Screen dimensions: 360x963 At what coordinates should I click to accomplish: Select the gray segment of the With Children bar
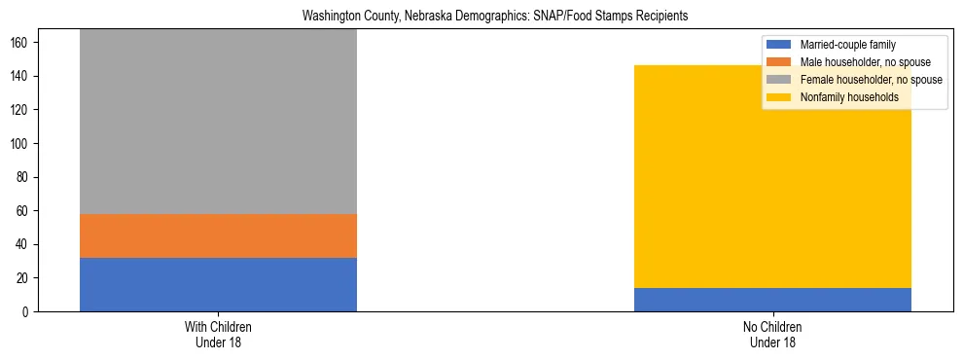[x=218, y=122]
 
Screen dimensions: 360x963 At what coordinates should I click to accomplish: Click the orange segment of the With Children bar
[x=218, y=235]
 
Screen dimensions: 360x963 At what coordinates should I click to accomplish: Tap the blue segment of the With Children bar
[x=218, y=284]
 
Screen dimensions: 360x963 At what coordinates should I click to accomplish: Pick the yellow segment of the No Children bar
[x=772, y=176]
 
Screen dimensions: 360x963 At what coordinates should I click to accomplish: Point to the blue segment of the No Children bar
[x=772, y=300]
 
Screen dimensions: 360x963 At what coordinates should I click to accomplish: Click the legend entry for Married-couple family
[x=847, y=45]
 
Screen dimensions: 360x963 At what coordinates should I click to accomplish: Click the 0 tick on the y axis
[x=26, y=311]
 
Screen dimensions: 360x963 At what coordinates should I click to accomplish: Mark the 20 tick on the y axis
[x=23, y=278]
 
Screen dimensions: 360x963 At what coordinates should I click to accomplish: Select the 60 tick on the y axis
[x=23, y=211]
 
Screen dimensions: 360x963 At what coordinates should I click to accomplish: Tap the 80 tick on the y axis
[x=23, y=177]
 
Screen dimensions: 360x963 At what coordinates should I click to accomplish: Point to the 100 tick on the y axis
[x=20, y=144]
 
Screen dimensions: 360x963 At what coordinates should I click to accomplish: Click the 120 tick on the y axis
[x=20, y=110]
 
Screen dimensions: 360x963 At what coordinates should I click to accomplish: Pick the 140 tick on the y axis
[x=20, y=77]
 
